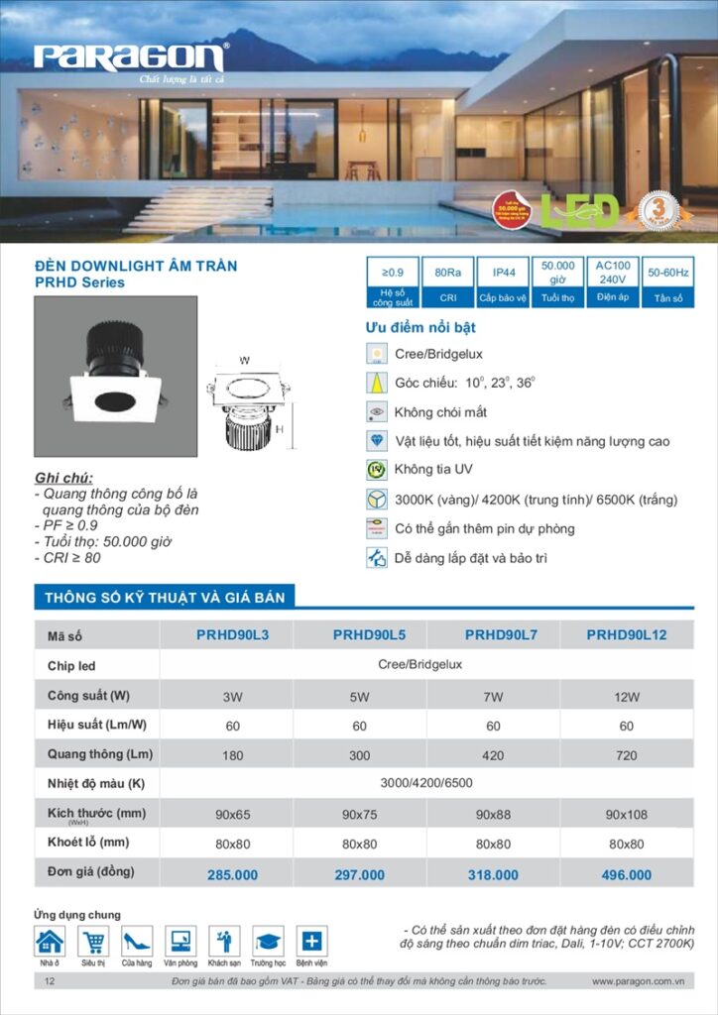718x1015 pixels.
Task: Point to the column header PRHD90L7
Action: [x=501, y=634]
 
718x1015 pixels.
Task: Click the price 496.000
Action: [x=627, y=875]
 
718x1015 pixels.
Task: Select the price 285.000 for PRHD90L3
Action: [x=232, y=875]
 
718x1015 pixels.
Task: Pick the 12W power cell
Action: [x=627, y=697]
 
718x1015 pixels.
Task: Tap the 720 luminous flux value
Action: [x=627, y=755]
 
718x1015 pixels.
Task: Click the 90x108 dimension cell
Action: [x=627, y=815]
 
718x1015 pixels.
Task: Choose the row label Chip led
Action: [x=71, y=666]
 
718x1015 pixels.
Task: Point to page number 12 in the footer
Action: [x=50, y=981]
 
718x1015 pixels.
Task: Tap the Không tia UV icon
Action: [x=376, y=470]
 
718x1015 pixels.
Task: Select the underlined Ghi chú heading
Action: [x=62, y=478]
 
